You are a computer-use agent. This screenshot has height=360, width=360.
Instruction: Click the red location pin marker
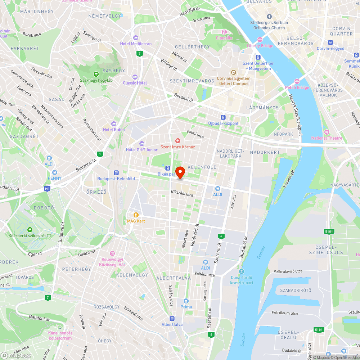tap(180, 172)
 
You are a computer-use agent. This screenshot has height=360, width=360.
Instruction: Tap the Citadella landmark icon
tap(224, 32)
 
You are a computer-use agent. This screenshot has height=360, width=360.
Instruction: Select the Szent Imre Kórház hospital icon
tap(177, 140)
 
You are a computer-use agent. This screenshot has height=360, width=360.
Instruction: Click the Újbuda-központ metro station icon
tap(223, 117)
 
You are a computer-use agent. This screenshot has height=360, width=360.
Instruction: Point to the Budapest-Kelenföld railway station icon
tap(116, 173)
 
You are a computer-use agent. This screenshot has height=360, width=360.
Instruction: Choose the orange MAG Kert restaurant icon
tap(136, 215)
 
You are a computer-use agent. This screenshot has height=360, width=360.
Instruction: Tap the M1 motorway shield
tap(47, 188)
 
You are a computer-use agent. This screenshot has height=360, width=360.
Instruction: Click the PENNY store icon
tap(55, 172)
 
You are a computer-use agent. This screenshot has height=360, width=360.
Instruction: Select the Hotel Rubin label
tap(114, 130)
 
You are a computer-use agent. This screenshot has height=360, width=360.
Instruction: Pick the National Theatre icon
tap(327, 132)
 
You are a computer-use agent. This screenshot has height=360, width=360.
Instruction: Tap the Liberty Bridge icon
tap(260, 40)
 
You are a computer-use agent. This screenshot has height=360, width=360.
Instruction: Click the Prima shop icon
tap(186, 301)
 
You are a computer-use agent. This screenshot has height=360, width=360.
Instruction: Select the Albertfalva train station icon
tap(172, 319)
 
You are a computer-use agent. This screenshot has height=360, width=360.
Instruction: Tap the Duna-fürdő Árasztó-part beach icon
tap(241, 271)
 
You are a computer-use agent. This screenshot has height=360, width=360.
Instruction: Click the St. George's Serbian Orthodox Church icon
tap(269, 17)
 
